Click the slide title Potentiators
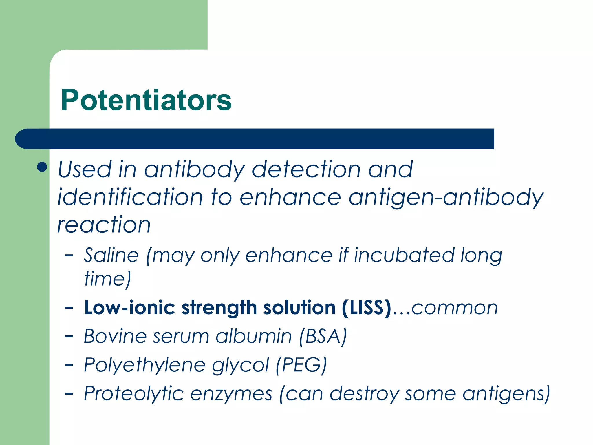(146, 100)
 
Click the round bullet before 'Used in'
(42, 167)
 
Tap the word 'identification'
(130, 197)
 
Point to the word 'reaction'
(104, 225)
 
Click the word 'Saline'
(111, 256)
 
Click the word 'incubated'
(404, 256)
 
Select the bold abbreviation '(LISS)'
(367, 308)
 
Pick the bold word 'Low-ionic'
(130, 308)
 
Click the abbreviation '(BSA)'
(323, 337)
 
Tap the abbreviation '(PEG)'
(301, 365)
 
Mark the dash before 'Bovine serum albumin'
(69, 336)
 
